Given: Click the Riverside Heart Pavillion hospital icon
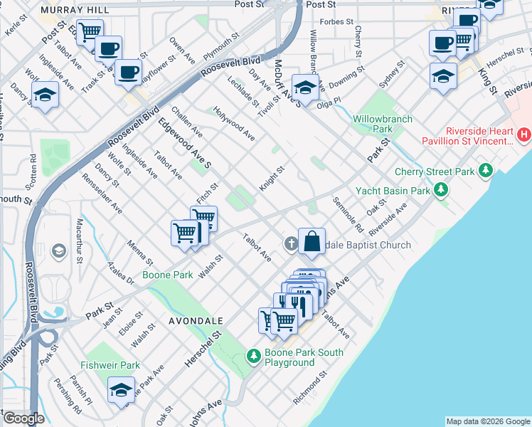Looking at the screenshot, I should pyautogui.click(x=524, y=134).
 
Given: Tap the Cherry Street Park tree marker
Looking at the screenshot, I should pyautogui.click(x=486, y=171).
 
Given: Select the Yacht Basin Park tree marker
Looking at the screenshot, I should pyautogui.click(x=442, y=190).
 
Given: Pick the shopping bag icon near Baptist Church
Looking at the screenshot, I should pyautogui.click(x=312, y=241).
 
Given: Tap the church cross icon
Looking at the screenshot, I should pyautogui.click(x=290, y=244).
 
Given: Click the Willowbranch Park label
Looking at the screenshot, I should pyautogui.click(x=383, y=125).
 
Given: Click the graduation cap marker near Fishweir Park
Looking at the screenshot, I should pyautogui.click(x=121, y=390).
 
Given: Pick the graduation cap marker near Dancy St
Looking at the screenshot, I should pyautogui.click(x=45, y=94).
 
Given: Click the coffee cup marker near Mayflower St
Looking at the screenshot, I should pyautogui.click(x=129, y=71).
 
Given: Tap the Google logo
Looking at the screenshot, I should pyautogui.click(x=23, y=418).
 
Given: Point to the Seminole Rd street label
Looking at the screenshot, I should pyautogui.click(x=348, y=215).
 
